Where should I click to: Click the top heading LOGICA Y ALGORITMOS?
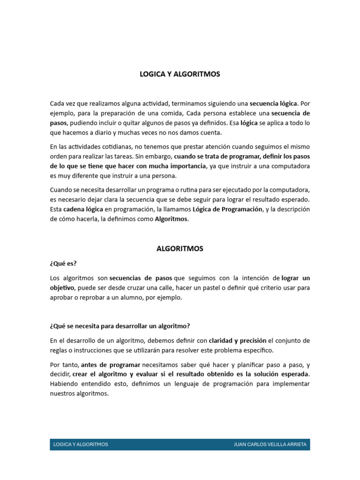point(180,74)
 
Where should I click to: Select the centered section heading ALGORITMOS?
point(180,249)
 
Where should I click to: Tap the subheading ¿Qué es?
point(63,263)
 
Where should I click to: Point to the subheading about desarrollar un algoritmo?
point(120,326)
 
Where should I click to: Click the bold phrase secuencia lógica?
point(273,103)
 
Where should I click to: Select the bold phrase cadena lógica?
point(83,210)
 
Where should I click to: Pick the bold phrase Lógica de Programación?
point(228,210)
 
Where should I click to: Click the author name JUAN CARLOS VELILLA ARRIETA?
point(270,444)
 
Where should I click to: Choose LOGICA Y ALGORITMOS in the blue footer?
point(81,444)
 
